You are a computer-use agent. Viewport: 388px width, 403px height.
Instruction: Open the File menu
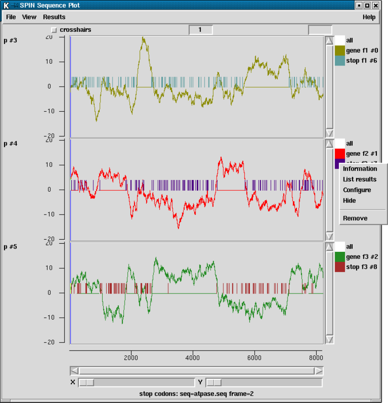tap(11, 17)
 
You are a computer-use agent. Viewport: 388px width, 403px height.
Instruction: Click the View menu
tap(29, 17)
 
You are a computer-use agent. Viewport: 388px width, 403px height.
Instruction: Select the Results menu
tap(54, 17)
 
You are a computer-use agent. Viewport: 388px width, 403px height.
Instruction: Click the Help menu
tap(369, 17)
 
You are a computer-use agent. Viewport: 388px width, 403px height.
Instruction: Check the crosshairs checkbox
tap(54, 30)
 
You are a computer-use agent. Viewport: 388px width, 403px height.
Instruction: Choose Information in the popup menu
tap(360, 169)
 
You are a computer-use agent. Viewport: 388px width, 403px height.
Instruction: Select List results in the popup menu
tap(360, 180)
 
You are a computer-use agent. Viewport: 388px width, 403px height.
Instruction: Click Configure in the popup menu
tap(357, 190)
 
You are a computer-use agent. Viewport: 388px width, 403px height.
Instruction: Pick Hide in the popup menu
tap(349, 201)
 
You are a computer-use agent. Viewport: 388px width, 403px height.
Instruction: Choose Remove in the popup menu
tap(355, 219)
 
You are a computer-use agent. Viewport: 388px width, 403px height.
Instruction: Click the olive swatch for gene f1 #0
tap(340, 51)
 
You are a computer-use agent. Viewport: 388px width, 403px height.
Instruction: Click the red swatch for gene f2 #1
tap(340, 154)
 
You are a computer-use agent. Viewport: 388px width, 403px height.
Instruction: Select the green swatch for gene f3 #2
tap(340, 257)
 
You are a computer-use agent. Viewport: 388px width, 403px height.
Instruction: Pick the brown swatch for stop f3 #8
tap(340, 267)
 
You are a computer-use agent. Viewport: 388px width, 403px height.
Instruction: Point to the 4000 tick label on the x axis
tap(193, 359)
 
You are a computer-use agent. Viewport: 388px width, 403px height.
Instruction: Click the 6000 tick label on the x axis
tap(254, 359)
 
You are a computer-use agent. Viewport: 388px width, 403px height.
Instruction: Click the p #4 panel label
tap(10, 144)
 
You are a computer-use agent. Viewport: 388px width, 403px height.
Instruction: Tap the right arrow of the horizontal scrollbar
tap(318, 371)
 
